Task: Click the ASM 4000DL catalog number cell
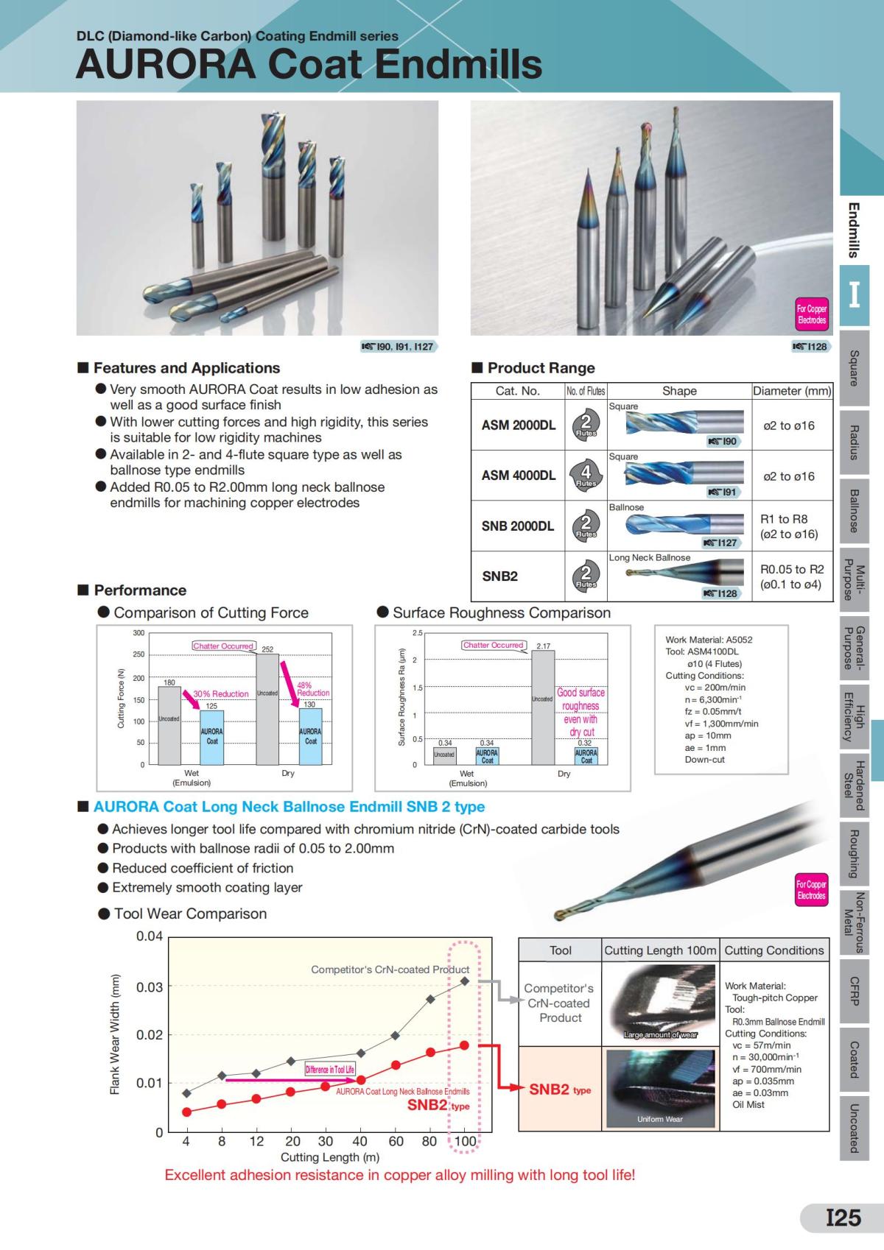(x=518, y=476)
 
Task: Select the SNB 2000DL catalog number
(x=518, y=526)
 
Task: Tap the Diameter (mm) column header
(x=792, y=391)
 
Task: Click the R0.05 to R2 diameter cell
(x=792, y=576)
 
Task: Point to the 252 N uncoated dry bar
(x=267, y=709)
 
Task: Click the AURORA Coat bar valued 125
(x=211, y=737)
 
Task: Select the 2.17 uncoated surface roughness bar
(x=543, y=707)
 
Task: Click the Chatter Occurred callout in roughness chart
(x=494, y=645)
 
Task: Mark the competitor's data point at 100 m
(x=465, y=981)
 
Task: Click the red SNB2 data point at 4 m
(x=187, y=1112)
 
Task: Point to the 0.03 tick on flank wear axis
(x=150, y=986)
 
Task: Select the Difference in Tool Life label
(x=329, y=1069)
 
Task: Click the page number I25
(x=843, y=1217)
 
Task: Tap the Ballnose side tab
(x=854, y=511)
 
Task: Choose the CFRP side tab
(x=854, y=991)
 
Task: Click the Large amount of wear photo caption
(x=660, y=1034)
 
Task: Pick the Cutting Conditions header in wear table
(x=774, y=950)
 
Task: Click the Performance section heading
(x=140, y=590)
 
